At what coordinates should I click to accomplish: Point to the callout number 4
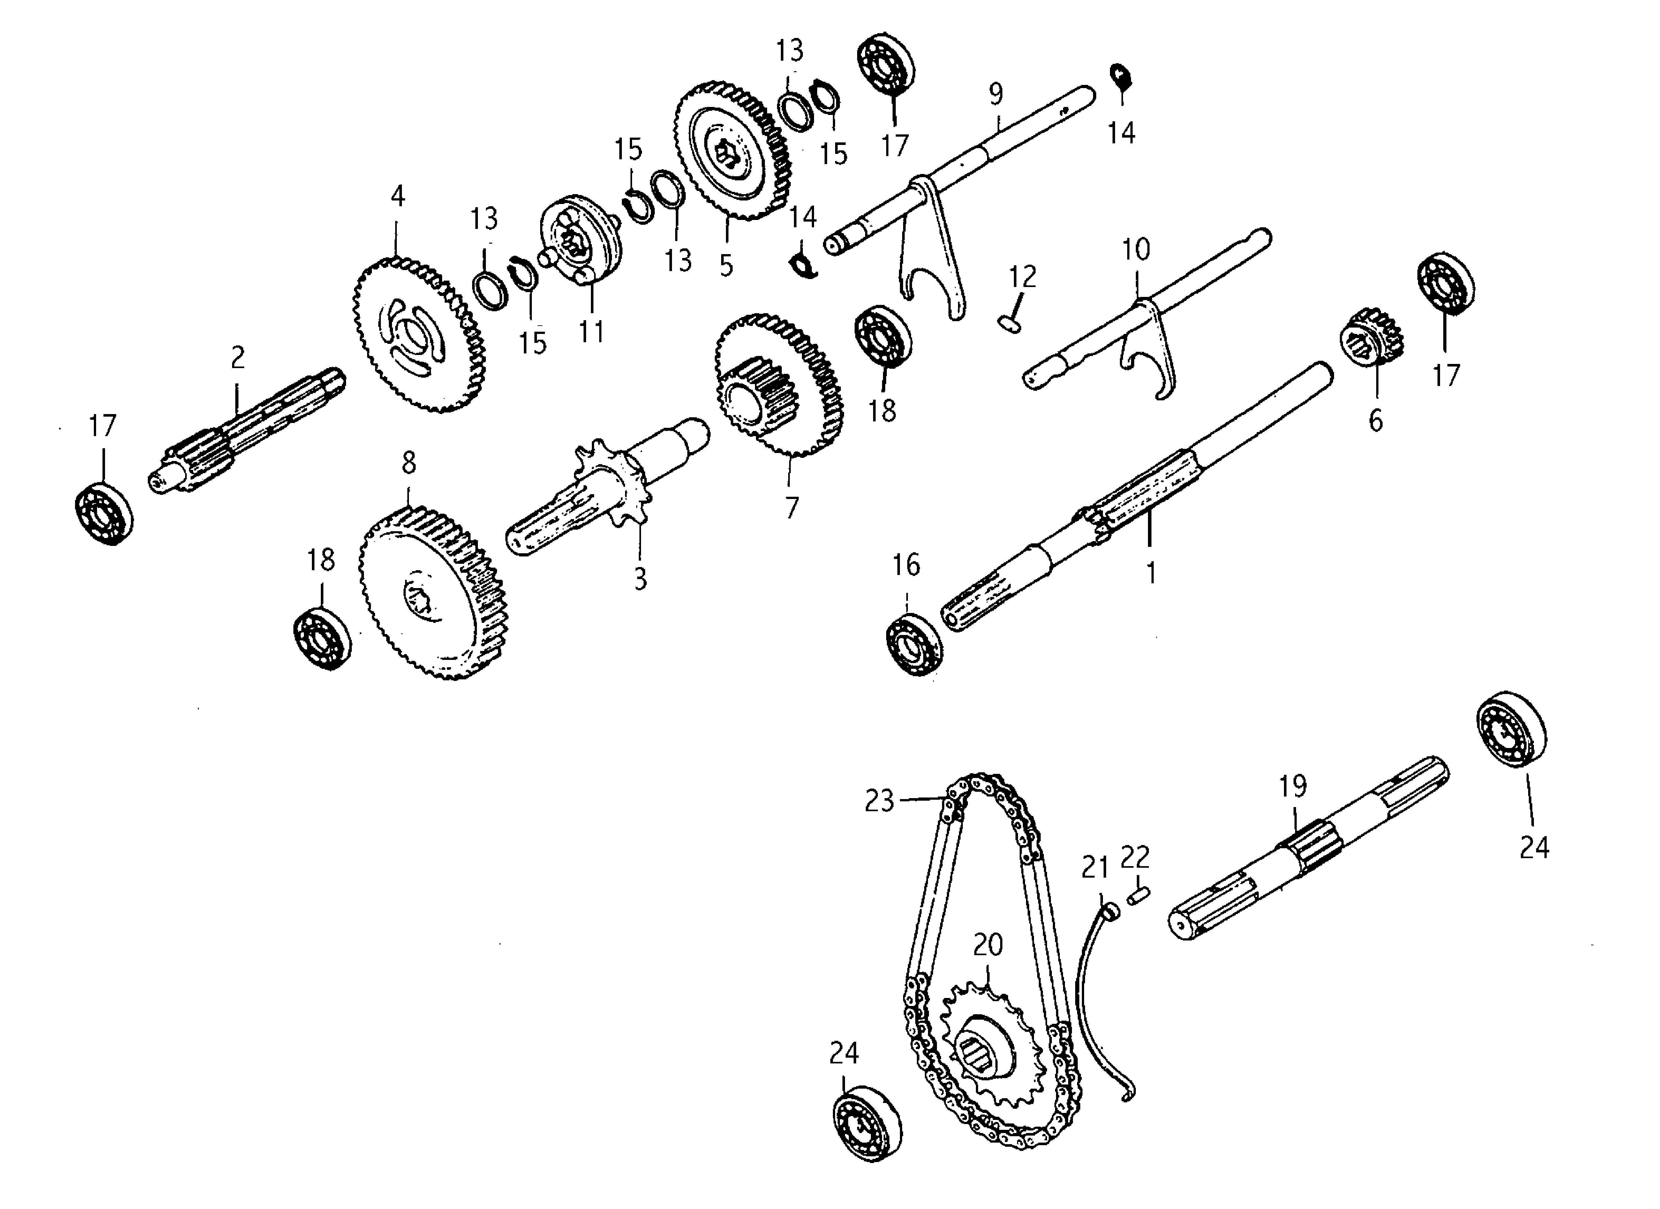tap(397, 196)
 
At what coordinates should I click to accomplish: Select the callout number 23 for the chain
tap(879, 801)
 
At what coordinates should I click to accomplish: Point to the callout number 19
tap(1293, 786)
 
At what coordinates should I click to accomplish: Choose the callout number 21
tap(1095, 868)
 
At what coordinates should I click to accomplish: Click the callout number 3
tap(640, 579)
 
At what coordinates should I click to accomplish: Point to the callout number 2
tap(237, 358)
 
